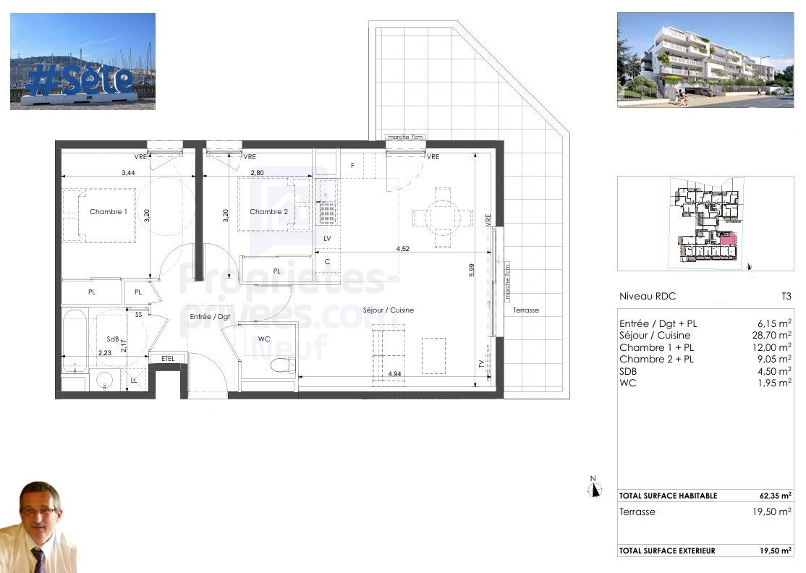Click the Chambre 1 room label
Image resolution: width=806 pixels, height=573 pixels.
[109, 212]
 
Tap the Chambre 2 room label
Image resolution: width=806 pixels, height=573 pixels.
[268, 212]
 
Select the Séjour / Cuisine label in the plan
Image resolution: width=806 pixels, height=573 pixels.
[389, 310]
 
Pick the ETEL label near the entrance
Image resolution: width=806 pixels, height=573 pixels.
[168, 358]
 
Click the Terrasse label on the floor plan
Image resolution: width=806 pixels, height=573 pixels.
[526, 310]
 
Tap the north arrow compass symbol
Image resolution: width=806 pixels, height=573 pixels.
[595, 489]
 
